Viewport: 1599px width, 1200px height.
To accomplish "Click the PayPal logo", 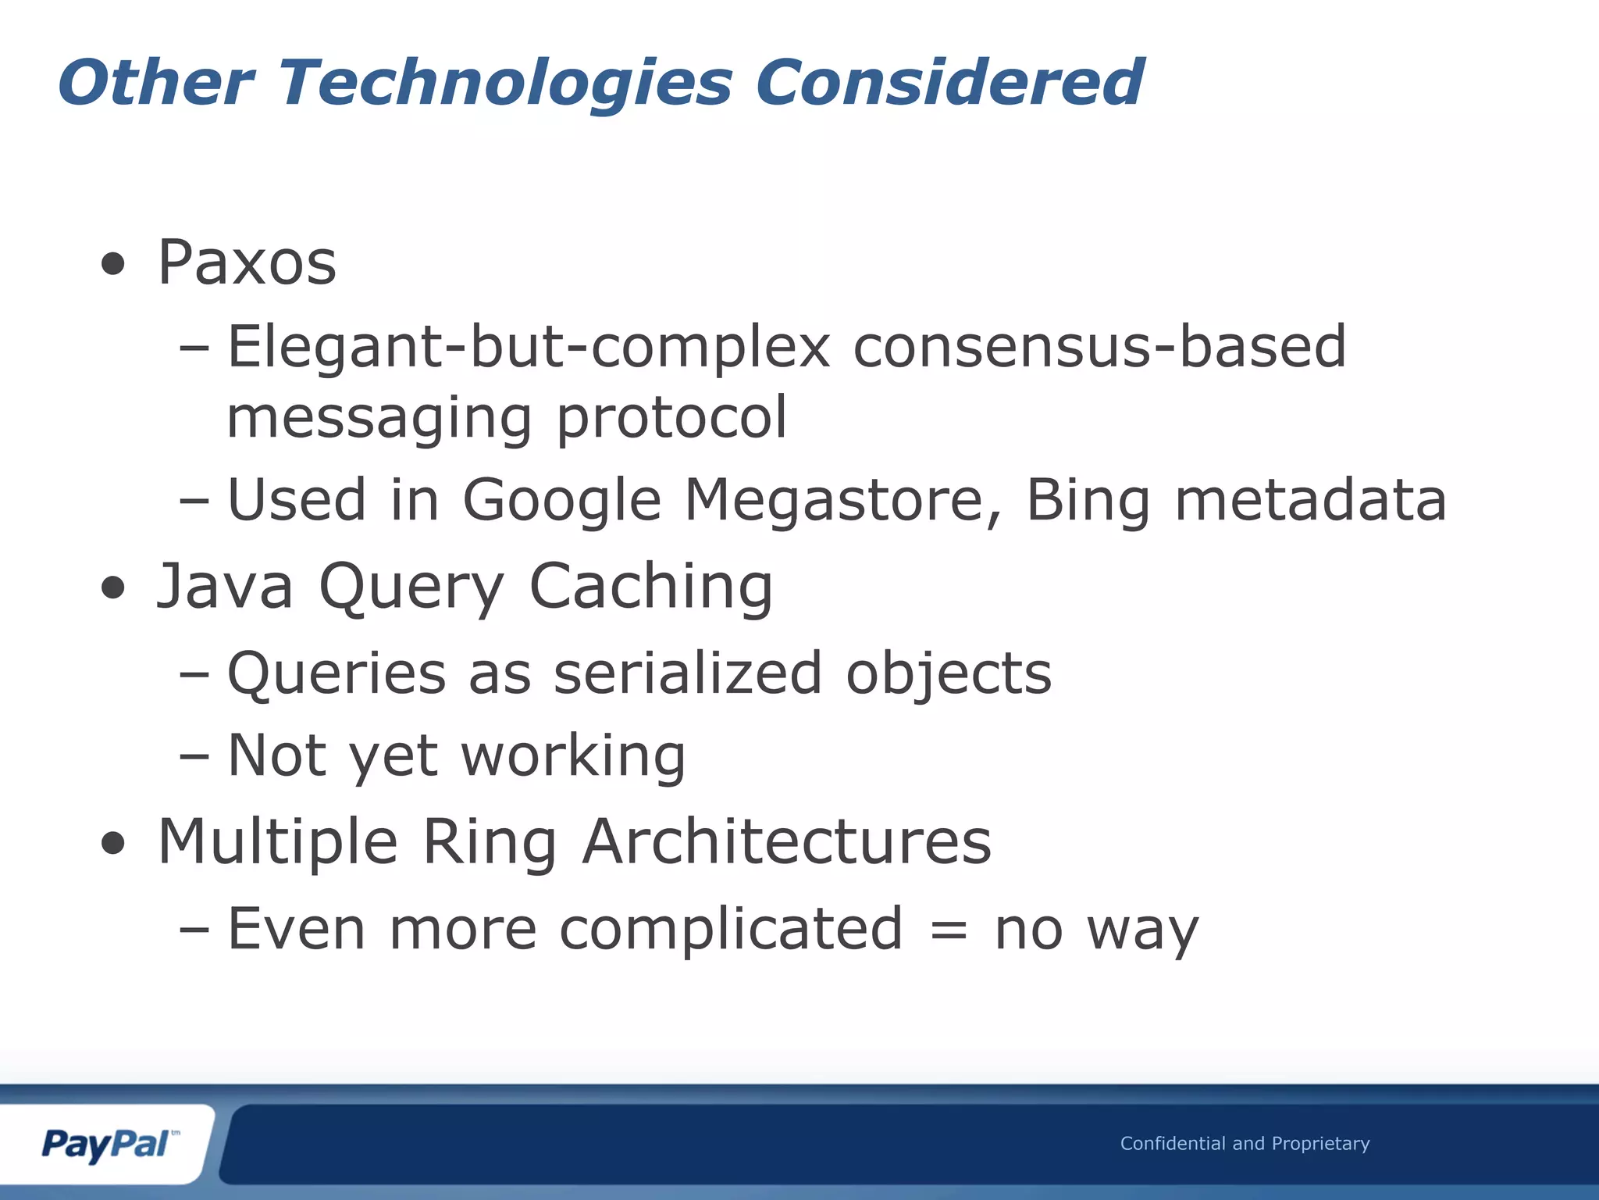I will (108, 1145).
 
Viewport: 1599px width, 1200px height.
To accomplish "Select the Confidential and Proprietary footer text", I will (1245, 1144).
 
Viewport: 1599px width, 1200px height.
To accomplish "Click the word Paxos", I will (247, 262).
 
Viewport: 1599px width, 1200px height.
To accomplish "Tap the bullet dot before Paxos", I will (114, 264).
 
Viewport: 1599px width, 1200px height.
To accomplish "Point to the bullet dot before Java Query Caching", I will (114, 588).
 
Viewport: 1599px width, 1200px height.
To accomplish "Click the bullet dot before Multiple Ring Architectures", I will (114, 843).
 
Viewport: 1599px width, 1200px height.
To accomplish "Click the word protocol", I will (671, 418).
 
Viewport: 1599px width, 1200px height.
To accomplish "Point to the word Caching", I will (651, 587).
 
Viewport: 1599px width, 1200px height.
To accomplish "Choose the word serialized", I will (687, 673).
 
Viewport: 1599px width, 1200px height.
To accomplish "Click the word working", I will (573, 756).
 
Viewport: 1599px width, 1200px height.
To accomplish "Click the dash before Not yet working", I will (194, 756).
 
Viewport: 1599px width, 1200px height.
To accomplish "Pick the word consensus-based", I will (1099, 347).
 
